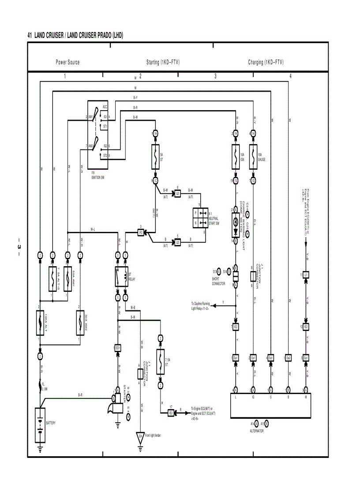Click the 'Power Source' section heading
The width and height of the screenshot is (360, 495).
tap(67, 62)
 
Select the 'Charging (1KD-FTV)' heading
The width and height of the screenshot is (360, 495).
tap(266, 62)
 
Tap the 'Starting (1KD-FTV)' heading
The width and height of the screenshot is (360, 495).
tap(163, 62)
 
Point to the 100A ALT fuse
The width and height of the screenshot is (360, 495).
tap(40, 324)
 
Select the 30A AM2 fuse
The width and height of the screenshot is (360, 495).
tap(80, 324)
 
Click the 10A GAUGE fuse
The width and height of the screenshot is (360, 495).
tap(253, 157)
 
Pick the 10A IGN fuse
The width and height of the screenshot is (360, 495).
tap(236, 157)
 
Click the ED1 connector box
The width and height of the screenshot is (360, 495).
tap(118, 348)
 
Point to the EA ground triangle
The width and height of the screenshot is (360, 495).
tap(140, 436)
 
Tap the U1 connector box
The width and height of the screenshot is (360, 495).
tap(305, 275)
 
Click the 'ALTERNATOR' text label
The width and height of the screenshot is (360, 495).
tap(256, 431)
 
